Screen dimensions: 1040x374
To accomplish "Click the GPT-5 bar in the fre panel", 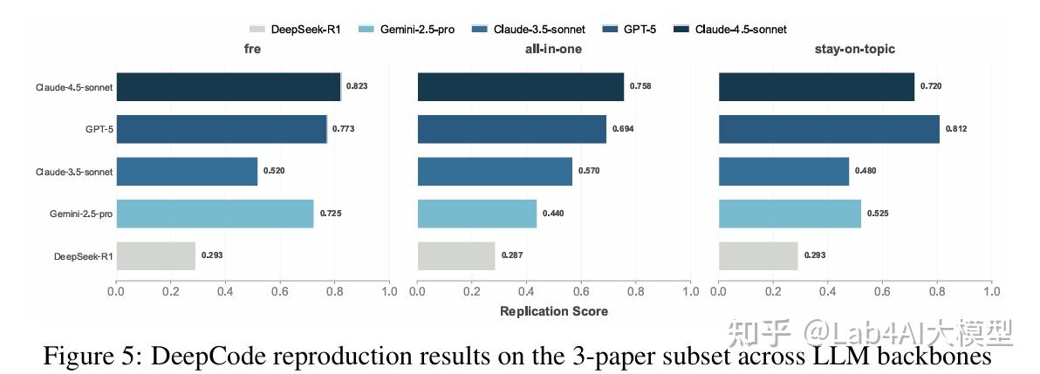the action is click(x=222, y=129).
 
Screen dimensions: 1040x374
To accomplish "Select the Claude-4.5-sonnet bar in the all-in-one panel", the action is click(x=521, y=87).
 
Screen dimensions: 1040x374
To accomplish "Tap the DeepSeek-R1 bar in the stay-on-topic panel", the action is click(x=759, y=256).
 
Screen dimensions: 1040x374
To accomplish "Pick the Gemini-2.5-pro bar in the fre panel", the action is click(x=215, y=214).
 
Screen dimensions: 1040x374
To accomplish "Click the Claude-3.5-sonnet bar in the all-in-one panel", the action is click(x=495, y=172).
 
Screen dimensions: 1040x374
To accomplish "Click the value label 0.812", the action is click(x=956, y=129).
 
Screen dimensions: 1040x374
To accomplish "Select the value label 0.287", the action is click(x=512, y=256).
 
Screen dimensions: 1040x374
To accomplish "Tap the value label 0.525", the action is click(x=879, y=214).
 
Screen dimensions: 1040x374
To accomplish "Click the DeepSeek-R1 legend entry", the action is click(x=295, y=29).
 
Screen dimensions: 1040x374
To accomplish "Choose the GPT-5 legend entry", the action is click(x=630, y=29).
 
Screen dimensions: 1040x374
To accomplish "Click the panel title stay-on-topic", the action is click(x=855, y=50).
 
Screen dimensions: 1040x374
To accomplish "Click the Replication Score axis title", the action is click(x=554, y=311).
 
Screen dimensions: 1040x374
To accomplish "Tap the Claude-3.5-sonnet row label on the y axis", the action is click(x=73, y=172).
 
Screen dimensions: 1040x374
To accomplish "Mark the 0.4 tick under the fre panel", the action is click(x=225, y=291).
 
